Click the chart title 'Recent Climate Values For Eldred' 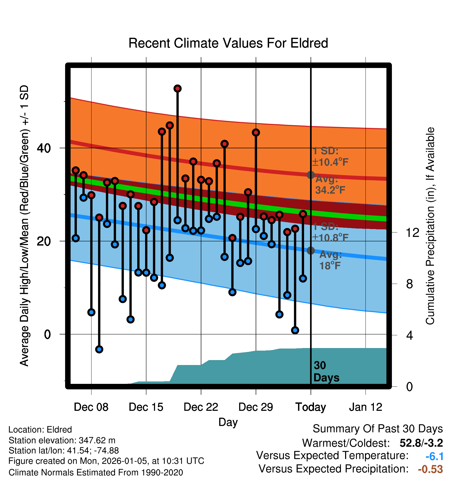tap(228, 43)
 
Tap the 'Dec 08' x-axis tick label tap(91, 407)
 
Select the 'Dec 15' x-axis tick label tap(146, 407)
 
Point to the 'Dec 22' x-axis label tap(201, 407)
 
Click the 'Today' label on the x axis tap(311, 407)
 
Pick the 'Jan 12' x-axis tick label tap(365, 407)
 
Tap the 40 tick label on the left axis tap(44, 148)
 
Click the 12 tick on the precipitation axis tap(412, 232)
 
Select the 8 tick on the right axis tap(409, 284)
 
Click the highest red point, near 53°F tap(178, 89)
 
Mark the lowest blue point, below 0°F tap(99, 349)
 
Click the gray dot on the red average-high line tap(311, 175)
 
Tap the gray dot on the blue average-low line tap(311, 251)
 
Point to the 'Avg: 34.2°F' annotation tap(330, 185)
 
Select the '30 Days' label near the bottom tap(326, 372)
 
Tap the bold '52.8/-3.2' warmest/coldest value tap(421, 443)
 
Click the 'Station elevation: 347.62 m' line tap(62, 440)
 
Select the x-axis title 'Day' tap(228, 422)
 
